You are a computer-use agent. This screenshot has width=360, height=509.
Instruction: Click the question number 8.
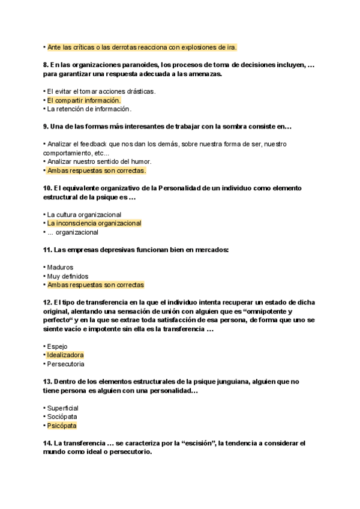[x=46, y=65]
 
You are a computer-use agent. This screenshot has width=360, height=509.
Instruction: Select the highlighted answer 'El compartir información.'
[x=84, y=100]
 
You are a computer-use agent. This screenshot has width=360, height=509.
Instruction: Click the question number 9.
[x=46, y=127]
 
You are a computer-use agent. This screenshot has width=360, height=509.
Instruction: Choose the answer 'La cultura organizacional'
[x=84, y=214]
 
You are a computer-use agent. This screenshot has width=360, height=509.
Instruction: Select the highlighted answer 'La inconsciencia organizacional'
[x=94, y=223]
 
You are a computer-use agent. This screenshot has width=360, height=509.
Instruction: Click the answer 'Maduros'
[x=60, y=267]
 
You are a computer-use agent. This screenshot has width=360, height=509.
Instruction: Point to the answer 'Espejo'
[x=58, y=346]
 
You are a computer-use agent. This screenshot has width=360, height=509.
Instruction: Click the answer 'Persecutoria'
[x=65, y=364]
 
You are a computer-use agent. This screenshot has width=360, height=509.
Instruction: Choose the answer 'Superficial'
[x=63, y=408]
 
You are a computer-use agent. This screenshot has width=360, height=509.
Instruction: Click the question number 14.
[x=47, y=443]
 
